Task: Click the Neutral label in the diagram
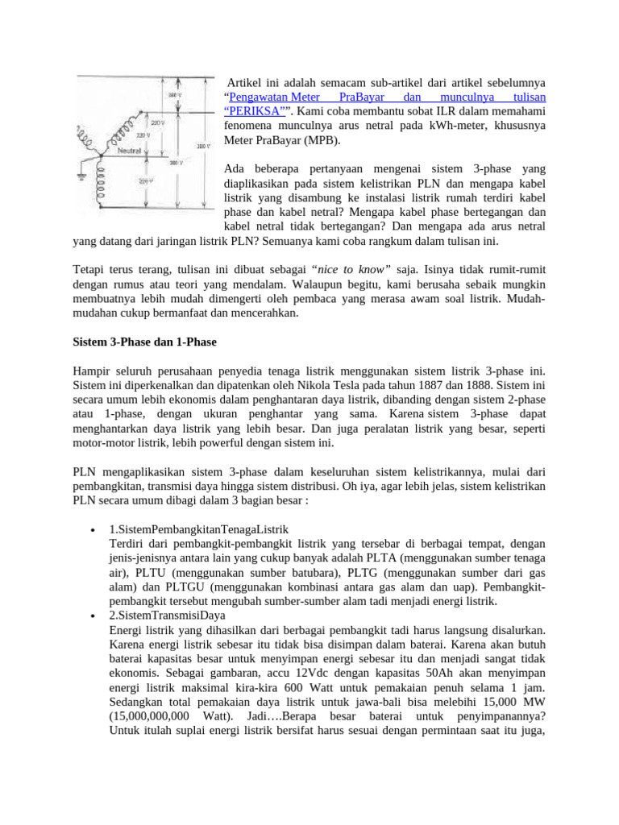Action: point(131,151)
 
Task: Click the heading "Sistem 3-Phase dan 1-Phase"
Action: point(144,342)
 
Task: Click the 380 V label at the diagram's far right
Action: point(203,147)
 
